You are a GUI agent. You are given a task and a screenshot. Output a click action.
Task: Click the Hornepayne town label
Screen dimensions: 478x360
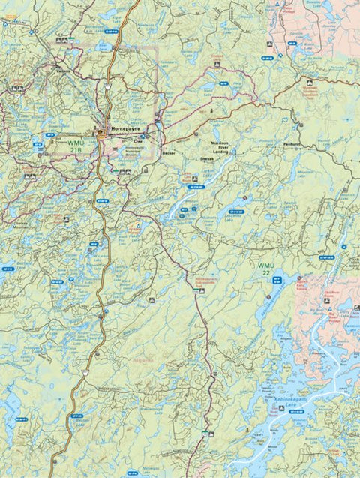point(125,128)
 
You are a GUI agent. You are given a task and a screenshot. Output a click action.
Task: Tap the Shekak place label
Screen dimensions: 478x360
point(207,159)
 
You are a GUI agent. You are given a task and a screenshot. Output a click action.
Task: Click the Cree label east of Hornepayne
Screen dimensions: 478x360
point(137,140)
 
